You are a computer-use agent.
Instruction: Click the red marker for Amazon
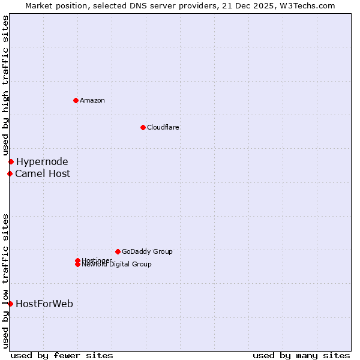tap(76, 100)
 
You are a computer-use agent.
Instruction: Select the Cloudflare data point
tap(143, 127)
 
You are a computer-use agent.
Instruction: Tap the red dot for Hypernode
tap(11, 161)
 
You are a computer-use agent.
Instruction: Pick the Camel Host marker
tap(10, 173)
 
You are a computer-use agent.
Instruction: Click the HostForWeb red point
tap(10, 304)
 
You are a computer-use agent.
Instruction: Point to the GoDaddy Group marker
tap(118, 251)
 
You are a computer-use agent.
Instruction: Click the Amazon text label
tap(92, 100)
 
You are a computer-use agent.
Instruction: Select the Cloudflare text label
tap(163, 127)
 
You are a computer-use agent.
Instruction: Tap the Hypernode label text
tap(42, 161)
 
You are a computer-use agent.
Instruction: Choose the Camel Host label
tap(43, 173)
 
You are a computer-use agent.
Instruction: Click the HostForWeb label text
tap(44, 304)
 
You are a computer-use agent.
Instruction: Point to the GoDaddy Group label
tap(147, 251)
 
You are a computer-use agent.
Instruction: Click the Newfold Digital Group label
tap(117, 265)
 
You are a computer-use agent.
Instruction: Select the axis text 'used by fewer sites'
tap(62, 355)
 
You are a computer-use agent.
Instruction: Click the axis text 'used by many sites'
tap(301, 355)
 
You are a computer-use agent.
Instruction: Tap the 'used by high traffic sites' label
tap(5, 86)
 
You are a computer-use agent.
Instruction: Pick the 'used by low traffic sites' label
tap(5, 281)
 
